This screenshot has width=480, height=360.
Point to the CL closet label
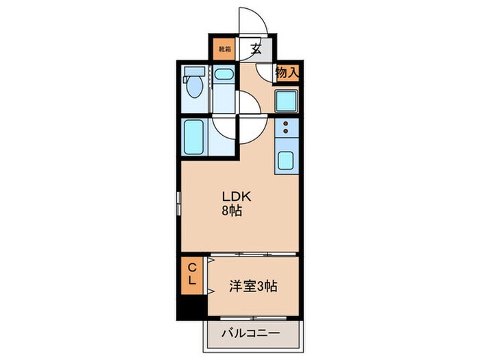click(x=192, y=274)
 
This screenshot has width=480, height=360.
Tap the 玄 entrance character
click(x=256, y=49)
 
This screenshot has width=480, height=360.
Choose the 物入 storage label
click(x=287, y=72)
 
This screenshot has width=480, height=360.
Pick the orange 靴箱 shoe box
click(x=224, y=49)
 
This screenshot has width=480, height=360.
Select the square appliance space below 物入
click(x=287, y=100)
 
